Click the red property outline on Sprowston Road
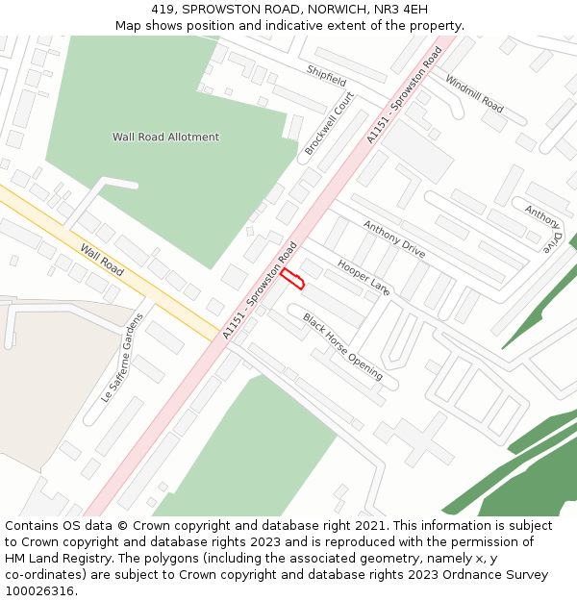coord(292,279)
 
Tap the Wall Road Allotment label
coord(165,137)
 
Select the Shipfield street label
coord(326,76)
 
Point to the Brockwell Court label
coord(329,124)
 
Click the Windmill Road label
coord(474,93)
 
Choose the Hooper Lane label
coord(364,276)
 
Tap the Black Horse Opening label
coord(342,346)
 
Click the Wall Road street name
coord(101,259)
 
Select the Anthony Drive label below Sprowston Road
coord(393,238)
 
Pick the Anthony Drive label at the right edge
coord(543,228)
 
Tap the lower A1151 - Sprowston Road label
coord(260,289)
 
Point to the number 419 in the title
coord(163,9)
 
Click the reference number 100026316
coord(39,590)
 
